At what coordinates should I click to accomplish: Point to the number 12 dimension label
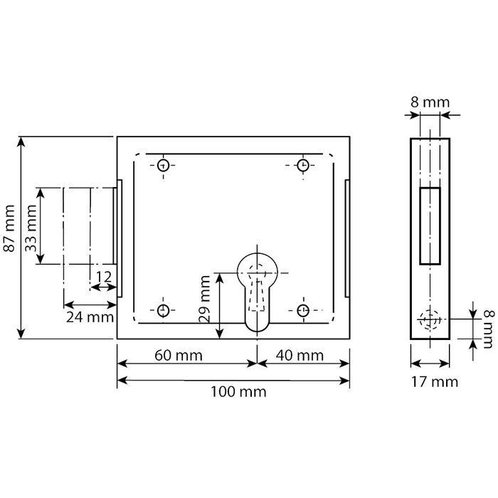pos(104,276)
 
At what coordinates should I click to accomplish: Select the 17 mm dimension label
pos(430,381)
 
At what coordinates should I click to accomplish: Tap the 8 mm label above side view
pos(430,102)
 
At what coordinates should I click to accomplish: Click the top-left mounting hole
pos(164,166)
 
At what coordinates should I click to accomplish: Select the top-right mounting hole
pos(303,166)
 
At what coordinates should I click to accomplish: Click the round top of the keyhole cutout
pos(257,265)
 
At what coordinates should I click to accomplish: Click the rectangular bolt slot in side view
pos(430,226)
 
